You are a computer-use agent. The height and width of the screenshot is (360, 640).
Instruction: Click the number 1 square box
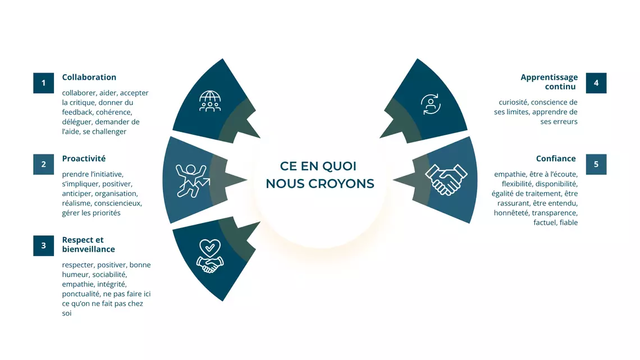(44, 83)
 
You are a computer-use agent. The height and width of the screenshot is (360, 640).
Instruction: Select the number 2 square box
(44, 164)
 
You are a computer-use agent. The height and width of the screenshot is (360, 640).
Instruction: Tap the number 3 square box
(44, 245)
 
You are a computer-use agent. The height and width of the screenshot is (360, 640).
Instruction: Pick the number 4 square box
(596, 83)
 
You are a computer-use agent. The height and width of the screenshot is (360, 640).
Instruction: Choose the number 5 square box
(596, 164)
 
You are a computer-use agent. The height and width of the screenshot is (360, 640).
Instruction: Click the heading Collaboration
(89, 77)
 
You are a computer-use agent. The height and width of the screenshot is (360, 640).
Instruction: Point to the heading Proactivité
(84, 158)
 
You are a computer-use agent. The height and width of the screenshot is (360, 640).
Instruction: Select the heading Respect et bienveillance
(89, 244)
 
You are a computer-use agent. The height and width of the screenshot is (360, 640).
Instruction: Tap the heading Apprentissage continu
(549, 81)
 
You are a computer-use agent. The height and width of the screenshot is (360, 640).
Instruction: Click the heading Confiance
(556, 158)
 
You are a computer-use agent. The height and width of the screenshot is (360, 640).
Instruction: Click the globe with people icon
(210, 101)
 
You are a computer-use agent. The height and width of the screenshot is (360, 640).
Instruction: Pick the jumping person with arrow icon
(193, 180)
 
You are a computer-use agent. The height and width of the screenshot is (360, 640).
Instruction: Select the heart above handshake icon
(210, 256)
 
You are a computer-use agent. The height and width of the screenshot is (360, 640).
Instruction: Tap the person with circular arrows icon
(431, 104)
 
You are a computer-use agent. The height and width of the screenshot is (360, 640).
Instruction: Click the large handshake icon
(446, 180)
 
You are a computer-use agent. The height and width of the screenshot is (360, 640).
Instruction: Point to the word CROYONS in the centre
(341, 184)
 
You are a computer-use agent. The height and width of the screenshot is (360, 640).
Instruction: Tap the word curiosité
(513, 102)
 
